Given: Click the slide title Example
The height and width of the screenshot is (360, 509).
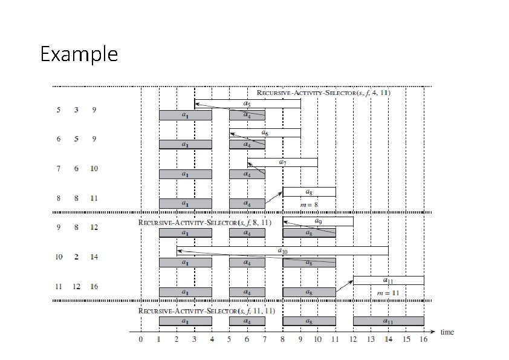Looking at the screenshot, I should coord(79,54).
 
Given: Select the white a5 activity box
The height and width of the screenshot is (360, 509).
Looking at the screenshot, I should coord(247,103).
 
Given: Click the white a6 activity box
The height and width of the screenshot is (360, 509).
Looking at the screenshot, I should coord(265,133).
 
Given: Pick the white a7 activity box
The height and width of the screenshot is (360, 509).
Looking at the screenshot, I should coord(282,162).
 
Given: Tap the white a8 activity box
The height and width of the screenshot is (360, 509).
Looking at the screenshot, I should coord(309,192).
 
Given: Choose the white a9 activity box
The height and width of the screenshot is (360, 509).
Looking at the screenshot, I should coord(318,221).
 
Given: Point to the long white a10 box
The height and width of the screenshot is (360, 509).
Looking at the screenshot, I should coord(282,250).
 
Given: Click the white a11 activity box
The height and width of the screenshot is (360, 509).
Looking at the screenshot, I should coord(388,280).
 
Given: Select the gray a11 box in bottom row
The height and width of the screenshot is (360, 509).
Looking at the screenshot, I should coord(388,321).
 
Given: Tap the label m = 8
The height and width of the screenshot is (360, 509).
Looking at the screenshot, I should coord(309,205).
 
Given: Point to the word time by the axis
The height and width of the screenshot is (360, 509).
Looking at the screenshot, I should coord(447,332).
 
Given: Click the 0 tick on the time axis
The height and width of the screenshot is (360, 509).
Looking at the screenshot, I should coord(141,340).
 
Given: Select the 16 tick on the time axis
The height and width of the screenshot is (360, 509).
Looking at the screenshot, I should coord(424,340).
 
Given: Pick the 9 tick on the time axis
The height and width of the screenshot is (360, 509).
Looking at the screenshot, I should coord(300,340).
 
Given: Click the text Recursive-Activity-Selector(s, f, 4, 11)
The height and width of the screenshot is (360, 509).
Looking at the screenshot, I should coord(323,93).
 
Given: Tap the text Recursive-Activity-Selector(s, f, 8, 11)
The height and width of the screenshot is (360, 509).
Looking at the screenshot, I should coord(206,222).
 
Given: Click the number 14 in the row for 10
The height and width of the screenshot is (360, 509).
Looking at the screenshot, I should coord(94,257).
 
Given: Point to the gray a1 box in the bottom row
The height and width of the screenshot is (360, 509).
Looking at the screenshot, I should coord(185,321).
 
